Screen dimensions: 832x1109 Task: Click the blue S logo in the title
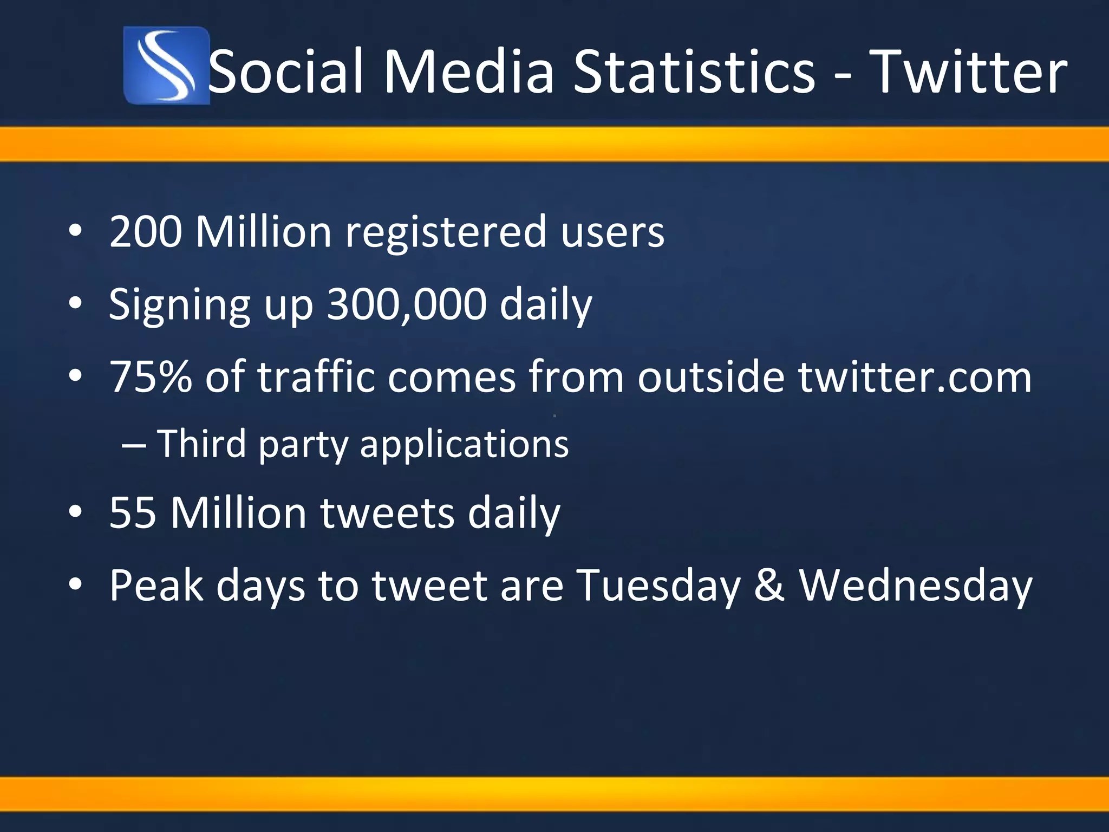(x=166, y=66)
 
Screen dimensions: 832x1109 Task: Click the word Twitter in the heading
(x=970, y=73)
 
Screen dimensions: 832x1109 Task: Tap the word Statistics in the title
(x=694, y=73)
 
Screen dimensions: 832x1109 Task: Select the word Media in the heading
(x=469, y=73)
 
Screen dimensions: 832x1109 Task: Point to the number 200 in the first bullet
(x=145, y=232)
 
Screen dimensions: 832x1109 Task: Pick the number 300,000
(x=406, y=304)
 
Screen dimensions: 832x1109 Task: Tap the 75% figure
(x=151, y=377)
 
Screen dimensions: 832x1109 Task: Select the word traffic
(x=315, y=377)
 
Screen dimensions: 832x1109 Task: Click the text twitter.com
(x=915, y=377)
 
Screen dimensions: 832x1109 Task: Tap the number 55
(x=133, y=512)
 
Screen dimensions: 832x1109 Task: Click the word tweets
(x=387, y=513)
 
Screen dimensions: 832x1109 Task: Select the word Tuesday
(x=657, y=586)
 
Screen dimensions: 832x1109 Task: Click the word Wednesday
(x=916, y=586)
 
